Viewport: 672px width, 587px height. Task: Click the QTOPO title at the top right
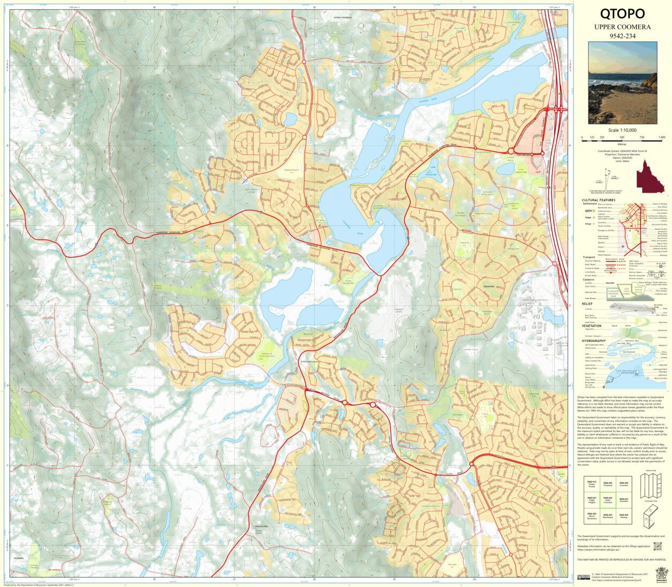point(622,14)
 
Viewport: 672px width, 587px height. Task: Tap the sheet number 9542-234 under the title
point(622,36)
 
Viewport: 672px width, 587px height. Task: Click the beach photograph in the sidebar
point(622,83)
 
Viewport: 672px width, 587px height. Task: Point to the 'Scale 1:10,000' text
point(622,130)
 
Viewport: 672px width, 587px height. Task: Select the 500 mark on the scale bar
point(622,138)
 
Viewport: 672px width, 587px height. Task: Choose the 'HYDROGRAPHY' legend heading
point(594,341)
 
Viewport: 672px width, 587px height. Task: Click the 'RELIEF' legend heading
point(587,303)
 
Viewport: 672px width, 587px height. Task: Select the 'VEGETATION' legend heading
point(592,325)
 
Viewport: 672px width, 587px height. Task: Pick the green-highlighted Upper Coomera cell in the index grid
point(608,500)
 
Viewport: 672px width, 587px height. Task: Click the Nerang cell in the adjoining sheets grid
point(624,516)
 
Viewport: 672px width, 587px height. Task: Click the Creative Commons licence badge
point(584,577)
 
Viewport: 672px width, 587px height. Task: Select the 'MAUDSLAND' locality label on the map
point(261,527)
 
